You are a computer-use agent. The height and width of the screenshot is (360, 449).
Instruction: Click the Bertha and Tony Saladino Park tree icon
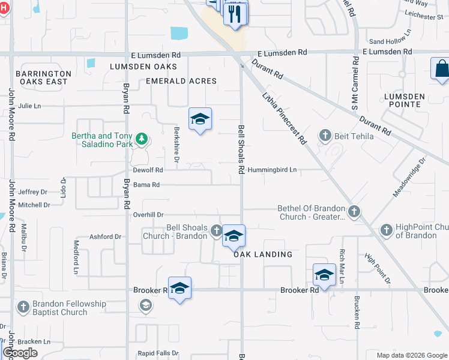(x=141, y=140)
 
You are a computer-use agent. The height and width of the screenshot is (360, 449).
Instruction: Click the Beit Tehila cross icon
(x=325, y=135)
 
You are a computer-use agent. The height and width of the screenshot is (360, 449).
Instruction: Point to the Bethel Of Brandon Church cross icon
(x=354, y=211)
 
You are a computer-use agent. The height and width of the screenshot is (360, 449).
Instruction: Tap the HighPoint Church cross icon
(x=386, y=230)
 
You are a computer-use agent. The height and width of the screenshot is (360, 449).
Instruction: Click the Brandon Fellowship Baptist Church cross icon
(x=23, y=307)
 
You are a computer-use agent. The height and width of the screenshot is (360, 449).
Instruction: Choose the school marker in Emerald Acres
(x=200, y=119)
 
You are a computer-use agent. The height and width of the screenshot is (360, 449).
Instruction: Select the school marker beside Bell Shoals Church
(x=234, y=236)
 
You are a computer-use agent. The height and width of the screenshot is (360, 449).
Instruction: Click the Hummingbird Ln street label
(x=272, y=170)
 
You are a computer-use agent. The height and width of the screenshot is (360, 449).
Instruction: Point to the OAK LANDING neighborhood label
(x=263, y=254)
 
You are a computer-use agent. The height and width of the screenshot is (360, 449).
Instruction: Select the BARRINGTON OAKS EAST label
(x=43, y=77)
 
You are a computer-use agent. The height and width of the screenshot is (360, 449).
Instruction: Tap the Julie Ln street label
(x=29, y=106)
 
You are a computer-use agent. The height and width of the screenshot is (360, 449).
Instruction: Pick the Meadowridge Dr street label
(x=409, y=178)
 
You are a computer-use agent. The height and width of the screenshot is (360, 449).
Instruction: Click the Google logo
(x=20, y=352)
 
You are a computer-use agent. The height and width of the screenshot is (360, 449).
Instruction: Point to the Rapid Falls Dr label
(x=158, y=353)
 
